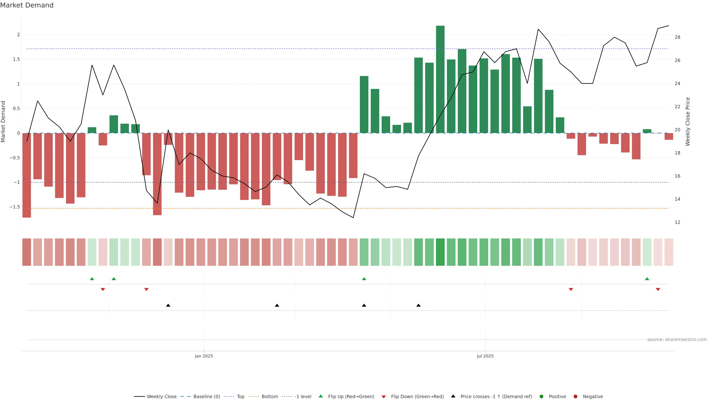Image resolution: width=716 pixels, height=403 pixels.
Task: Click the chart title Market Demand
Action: coord(27,5)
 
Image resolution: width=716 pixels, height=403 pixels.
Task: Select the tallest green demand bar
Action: coord(440,79)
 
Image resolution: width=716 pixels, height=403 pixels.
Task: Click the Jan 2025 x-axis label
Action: coord(204,356)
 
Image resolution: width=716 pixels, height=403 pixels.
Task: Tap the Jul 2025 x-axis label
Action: coord(485,356)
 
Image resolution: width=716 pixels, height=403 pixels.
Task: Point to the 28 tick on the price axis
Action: coord(677,37)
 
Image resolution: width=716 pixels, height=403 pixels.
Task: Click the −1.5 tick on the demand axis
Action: coord(15,207)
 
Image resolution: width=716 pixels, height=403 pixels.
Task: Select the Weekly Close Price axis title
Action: coord(688,121)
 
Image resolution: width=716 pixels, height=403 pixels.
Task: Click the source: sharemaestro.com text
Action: coord(677,340)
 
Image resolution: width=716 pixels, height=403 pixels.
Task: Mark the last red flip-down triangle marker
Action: coord(658,290)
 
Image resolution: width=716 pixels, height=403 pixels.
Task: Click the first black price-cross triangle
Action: coord(168,305)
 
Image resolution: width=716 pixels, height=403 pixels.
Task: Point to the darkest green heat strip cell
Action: coord(440,252)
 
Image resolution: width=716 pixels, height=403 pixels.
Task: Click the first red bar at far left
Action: coord(27,175)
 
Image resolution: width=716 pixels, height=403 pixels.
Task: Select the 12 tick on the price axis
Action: coord(677,223)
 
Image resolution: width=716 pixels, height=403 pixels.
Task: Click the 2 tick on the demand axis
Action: coord(18,35)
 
